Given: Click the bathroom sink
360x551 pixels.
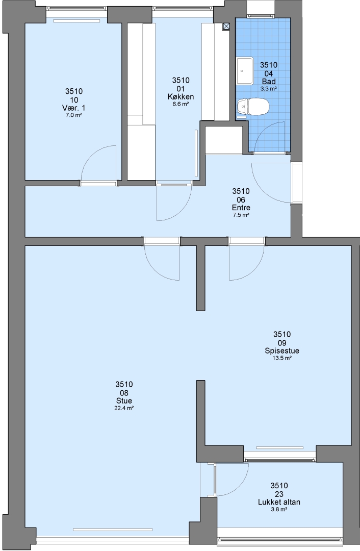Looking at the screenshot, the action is [x=244, y=71].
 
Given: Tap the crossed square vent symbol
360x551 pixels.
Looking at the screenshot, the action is [x=226, y=26].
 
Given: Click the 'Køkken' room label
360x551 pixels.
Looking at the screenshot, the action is [x=181, y=96].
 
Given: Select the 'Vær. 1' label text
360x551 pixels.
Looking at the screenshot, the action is [x=74, y=108].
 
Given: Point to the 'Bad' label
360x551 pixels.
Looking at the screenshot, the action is [x=269, y=82].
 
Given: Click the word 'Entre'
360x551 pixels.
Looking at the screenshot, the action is [x=241, y=207].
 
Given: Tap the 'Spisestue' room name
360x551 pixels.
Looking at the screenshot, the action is [x=282, y=350].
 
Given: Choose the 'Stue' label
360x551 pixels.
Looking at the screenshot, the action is [x=124, y=400].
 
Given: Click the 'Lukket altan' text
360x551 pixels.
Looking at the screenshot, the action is [x=279, y=502].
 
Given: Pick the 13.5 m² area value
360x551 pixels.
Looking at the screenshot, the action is [x=282, y=358].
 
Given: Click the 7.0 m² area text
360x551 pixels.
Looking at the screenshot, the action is [x=74, y=115].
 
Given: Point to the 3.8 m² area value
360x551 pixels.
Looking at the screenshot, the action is [x=279, y=509].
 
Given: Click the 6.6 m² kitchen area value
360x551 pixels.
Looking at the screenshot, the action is [x=181, y=104].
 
